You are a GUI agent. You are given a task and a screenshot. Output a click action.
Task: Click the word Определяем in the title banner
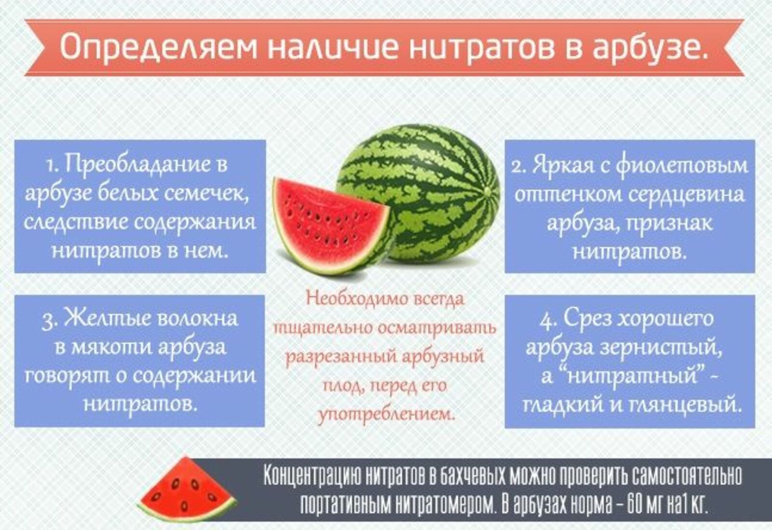(158, 47)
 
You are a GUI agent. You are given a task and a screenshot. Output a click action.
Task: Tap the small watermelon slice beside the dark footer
(186, 489)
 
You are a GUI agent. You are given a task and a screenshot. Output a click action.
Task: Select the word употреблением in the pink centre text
(386, 414)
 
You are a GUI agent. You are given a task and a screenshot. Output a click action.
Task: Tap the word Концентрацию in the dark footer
(312, 475)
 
